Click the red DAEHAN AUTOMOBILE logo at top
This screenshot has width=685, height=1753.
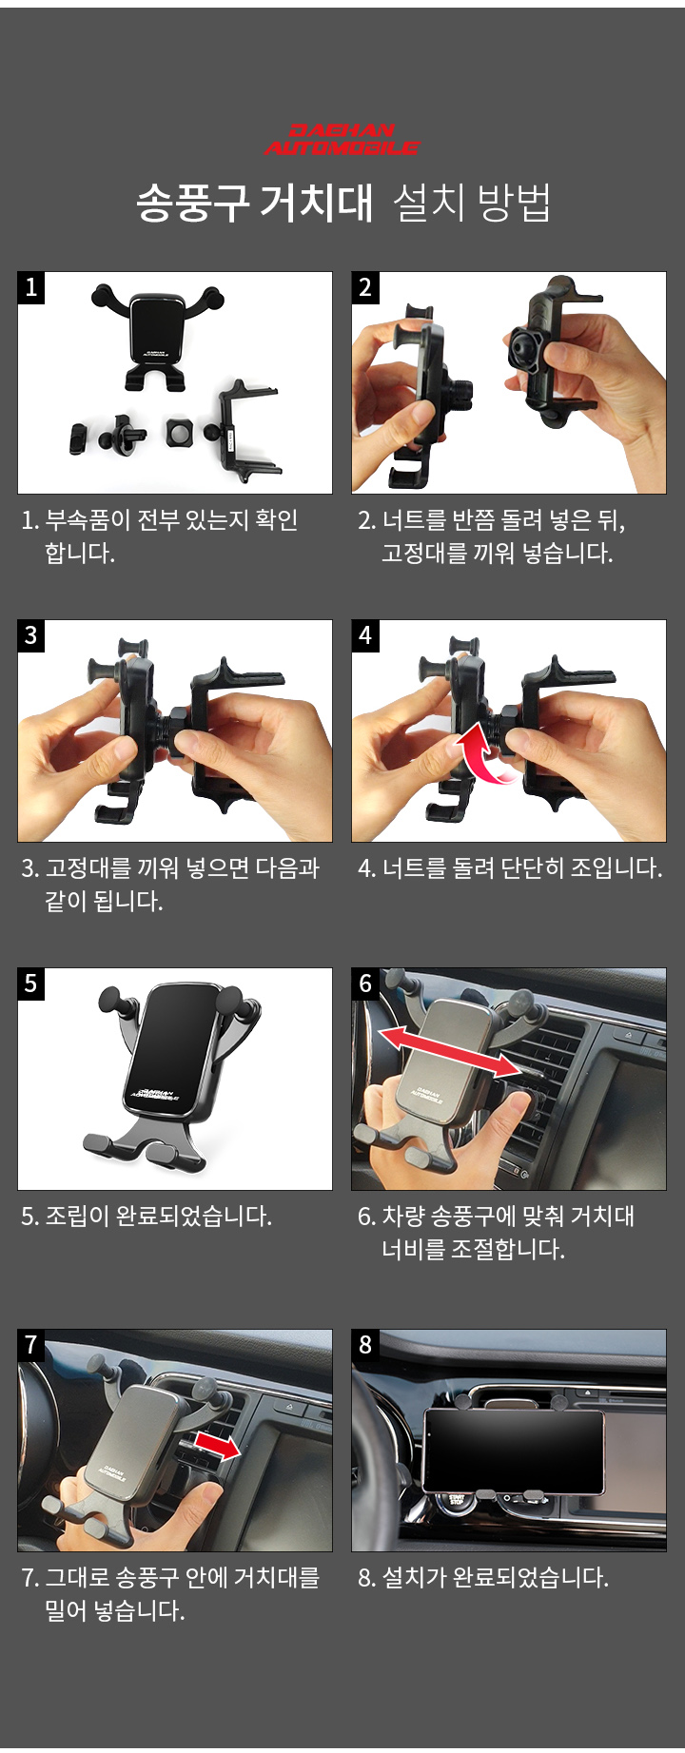342,139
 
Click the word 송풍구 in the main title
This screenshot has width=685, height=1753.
193,203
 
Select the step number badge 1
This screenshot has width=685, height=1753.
31,287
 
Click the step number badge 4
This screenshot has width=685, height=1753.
365,635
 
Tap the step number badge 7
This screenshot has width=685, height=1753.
31,1345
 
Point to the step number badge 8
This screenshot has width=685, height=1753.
365,1345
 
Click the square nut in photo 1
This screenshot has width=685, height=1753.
179,433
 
